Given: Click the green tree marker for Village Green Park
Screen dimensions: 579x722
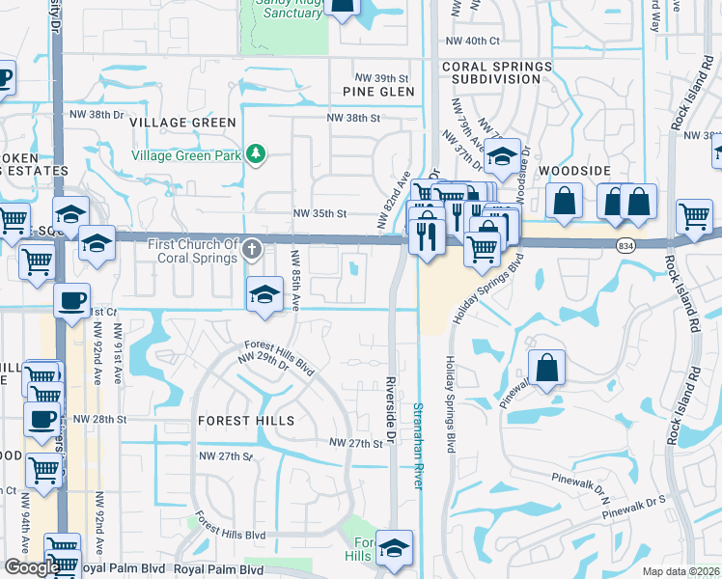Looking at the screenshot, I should (x=256, y=154).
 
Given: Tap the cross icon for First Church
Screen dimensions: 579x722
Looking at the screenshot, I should (x=252, y=250).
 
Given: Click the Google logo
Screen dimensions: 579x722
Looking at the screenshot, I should (x=32, y=567).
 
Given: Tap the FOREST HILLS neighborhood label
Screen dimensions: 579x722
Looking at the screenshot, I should (x=245, y=422).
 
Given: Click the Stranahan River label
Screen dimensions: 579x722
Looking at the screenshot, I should (x=418, y=446).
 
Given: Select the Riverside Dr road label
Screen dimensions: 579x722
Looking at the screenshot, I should (x=391, y=411).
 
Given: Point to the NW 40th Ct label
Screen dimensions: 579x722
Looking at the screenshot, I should (x=473, y=41).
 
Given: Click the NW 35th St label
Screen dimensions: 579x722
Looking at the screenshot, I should (x=319, y=215).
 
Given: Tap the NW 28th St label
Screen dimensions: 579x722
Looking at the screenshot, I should (x=101, y=419).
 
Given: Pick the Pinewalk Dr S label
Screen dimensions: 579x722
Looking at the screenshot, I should (x=636, y=503).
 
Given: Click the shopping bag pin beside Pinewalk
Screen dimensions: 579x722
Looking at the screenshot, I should (x=546, y=368).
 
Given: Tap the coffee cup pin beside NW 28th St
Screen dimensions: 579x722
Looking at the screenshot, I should (x=40, y=420).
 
